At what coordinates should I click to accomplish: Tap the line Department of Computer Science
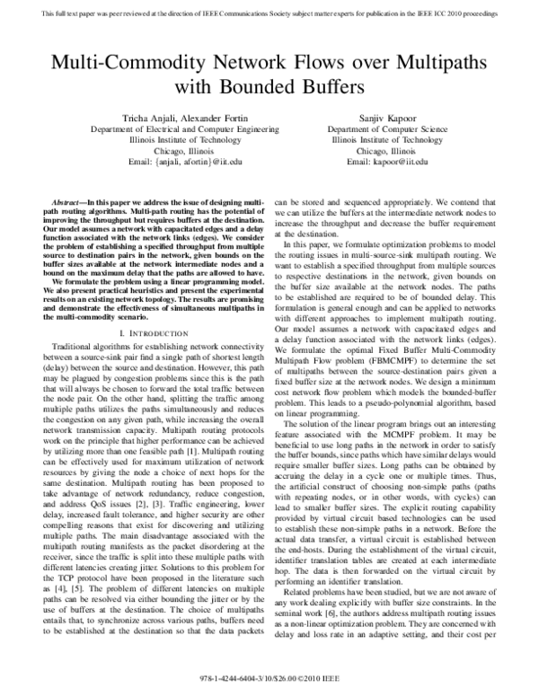tap(392, 130)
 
